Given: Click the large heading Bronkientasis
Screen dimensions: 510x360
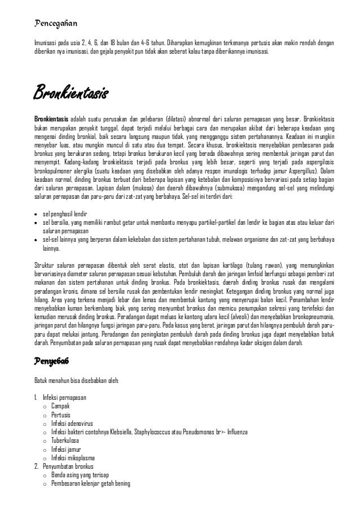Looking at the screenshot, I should (71, 91).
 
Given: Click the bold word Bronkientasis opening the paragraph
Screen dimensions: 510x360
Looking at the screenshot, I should (51, 120).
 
